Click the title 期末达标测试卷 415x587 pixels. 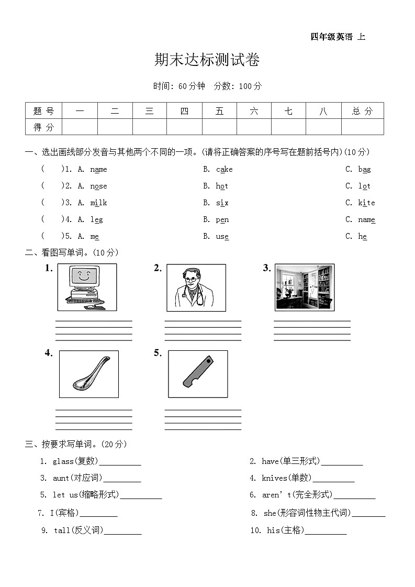207,60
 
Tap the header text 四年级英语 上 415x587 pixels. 338,37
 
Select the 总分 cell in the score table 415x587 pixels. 362,110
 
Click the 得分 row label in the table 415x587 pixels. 43,127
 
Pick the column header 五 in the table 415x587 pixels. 219,110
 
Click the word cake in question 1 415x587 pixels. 224,169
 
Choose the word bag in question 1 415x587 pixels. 364,169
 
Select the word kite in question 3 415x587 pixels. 366,203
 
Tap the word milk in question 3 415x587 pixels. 98,203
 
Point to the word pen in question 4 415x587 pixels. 222,219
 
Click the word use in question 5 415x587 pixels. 222,236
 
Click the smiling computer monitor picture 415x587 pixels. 87,287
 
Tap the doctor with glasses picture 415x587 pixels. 196,287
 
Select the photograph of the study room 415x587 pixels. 305,287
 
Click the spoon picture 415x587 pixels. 89,374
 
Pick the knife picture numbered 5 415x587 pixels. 198,374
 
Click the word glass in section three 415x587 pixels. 63,461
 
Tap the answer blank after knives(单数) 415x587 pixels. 333,478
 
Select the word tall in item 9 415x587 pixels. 62,530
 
